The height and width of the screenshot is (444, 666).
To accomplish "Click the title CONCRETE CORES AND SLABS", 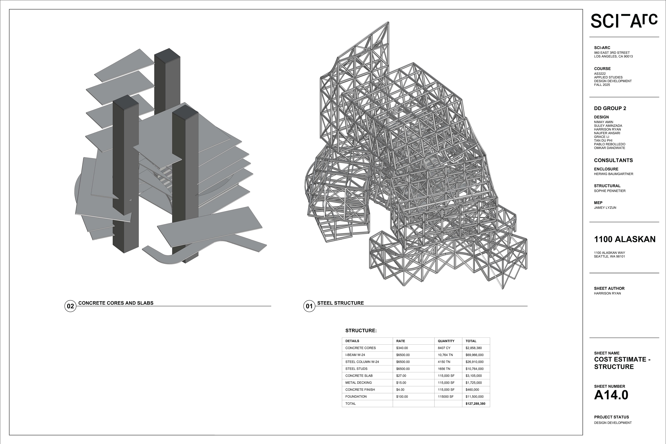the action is click(116, 303).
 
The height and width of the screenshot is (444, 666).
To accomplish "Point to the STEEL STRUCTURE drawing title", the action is click(340, 303).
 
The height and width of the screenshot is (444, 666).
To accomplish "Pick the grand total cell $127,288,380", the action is click(475, 404).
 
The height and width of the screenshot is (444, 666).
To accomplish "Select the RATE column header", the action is click(400, 341).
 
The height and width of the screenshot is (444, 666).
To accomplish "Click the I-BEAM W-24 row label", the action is click(355, 355).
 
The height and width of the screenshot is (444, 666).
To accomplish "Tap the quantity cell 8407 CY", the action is click(444, 348).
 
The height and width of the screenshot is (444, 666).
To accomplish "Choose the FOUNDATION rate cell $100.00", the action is click(402, 397).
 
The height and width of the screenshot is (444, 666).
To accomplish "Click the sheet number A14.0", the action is click(611, 395).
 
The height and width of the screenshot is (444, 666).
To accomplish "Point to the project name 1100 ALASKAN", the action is click(625, 240).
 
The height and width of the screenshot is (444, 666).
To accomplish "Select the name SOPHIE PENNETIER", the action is click(610, 191).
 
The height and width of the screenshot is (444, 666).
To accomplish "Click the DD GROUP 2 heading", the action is click(610, 108).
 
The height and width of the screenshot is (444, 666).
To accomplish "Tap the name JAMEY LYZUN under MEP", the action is click(605, 208).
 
